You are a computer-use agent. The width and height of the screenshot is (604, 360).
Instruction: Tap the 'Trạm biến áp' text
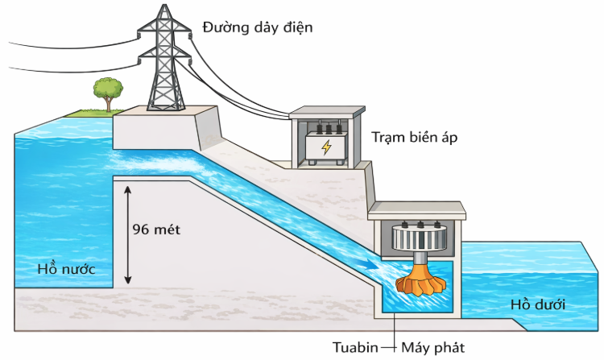(x=414, y=137)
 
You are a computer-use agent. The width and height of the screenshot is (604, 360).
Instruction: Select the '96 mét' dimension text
(x=156, y=229)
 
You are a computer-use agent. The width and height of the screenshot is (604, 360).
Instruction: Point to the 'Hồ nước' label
(x=65, y=269)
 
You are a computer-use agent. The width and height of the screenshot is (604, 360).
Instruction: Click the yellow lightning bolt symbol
(x=326, y=147)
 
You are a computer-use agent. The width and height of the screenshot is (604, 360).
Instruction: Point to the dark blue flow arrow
(x=368, y=263)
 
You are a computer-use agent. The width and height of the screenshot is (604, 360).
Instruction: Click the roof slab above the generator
(x=416, y=210)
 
